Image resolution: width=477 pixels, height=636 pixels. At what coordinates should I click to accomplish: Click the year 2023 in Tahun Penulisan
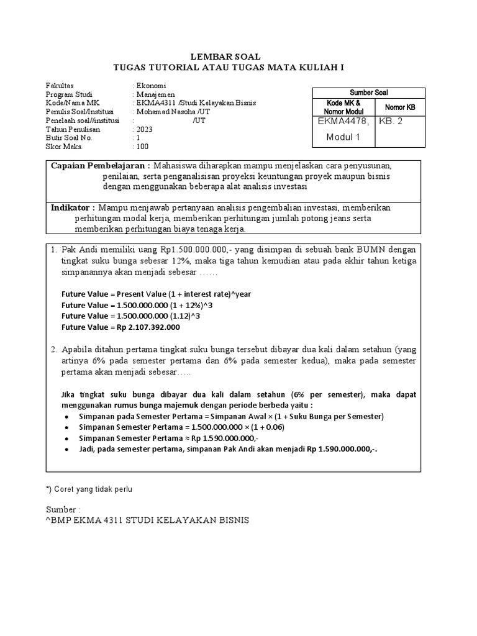point(144,129)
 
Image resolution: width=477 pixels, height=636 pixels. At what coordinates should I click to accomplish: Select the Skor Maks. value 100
point(142,147)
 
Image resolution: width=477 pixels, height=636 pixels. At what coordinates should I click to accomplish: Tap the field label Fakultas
point(60,85)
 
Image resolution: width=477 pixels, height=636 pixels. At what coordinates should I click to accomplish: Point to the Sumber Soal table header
point(369,93)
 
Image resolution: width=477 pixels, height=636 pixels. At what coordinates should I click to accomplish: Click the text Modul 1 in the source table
point(343,137)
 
